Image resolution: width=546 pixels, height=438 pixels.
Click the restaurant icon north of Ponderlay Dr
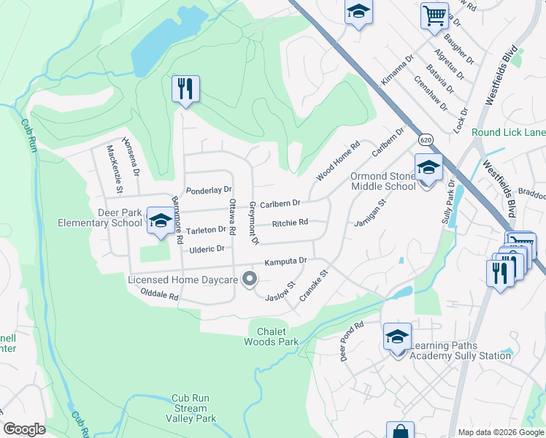(185, 89)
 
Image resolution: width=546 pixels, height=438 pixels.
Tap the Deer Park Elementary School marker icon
(159, 220)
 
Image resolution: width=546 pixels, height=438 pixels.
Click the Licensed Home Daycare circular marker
(250, 279)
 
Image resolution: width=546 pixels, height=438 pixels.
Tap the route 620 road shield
(426, 138)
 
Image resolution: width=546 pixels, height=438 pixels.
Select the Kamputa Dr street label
(285, 261)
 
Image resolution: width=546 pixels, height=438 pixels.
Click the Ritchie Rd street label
(290, 223)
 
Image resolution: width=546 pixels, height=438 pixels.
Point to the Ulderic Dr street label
(207, 249)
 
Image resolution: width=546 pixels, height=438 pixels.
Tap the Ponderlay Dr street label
(209, 191)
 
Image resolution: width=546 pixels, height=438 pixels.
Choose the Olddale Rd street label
(160, 295)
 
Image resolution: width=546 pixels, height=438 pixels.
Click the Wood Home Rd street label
(338, 162)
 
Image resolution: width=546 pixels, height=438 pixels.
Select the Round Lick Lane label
(508, 132)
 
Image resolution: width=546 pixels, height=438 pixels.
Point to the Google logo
(24, 429)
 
